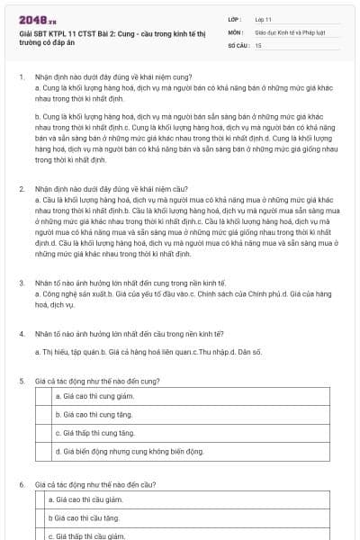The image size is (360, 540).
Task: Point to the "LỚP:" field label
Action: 237,18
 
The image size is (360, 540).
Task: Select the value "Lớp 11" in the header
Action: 263,18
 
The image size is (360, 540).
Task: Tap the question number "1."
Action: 21,77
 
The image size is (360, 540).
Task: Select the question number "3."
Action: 21,283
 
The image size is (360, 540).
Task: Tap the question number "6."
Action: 21,484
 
